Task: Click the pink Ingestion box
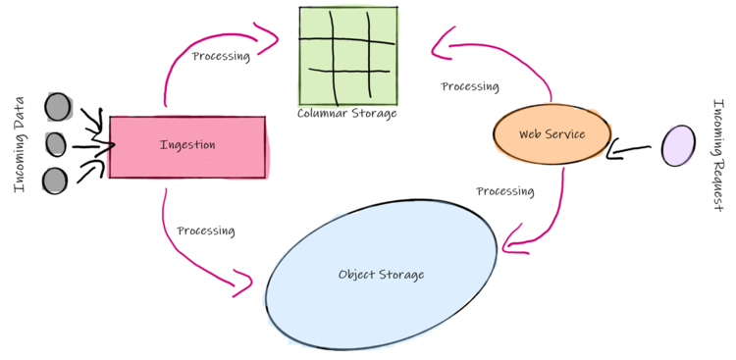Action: coord(186,147)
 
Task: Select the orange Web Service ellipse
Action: coord(552,134)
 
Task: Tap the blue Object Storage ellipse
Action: coord(381,274)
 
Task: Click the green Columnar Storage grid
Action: coord(347,55)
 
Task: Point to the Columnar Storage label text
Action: coord(347,114)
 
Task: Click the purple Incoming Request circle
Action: coord(677,146)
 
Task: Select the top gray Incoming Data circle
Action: coord(58,106)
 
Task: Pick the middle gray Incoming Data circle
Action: coord(56,144)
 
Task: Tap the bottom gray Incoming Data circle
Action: coord(55,180)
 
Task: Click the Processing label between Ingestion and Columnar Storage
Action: coord(221,56)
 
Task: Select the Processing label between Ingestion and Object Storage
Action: coord(206,231)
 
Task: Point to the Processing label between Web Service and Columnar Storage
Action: coord(470,86)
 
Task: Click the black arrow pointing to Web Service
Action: coord(630,150)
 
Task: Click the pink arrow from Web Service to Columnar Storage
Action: coord(510,54)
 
